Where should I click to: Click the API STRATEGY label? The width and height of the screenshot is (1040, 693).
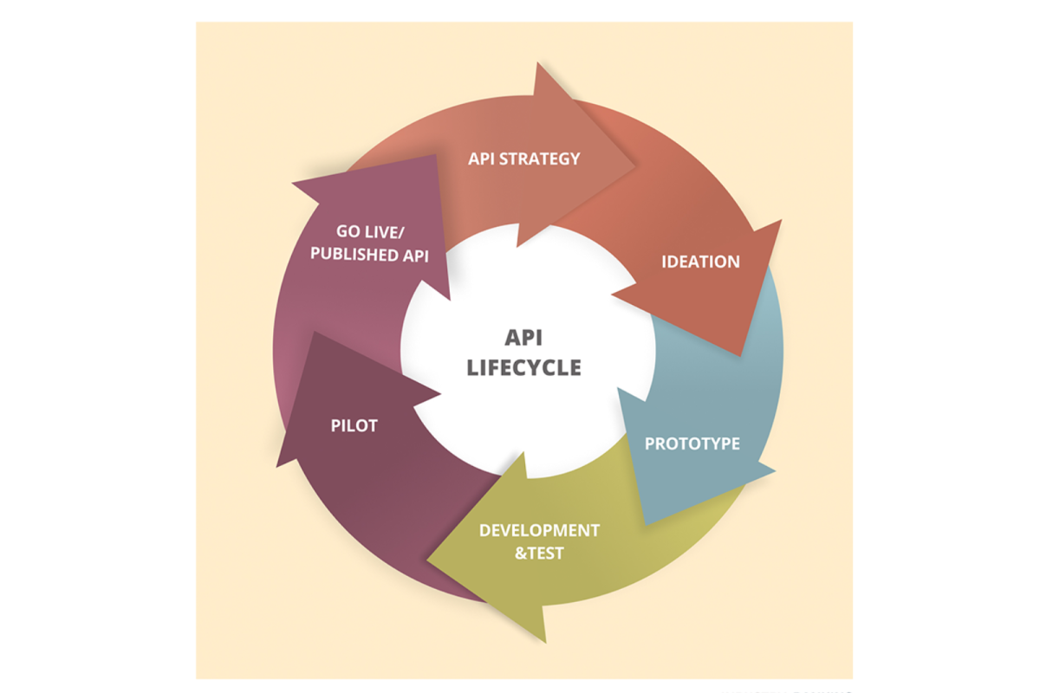click(524, 159)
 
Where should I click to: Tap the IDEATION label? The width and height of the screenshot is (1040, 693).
click(700, 262)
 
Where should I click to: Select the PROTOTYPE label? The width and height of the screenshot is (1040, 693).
click(692, 444)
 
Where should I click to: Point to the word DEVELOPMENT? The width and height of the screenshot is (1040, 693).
click(539, 530)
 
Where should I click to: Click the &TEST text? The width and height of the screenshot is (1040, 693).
click(539, 554)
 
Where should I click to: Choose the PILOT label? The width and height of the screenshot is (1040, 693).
click(354, 425)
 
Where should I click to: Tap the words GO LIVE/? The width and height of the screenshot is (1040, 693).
click(371, 231)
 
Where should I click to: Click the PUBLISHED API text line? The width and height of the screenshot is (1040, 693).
click(369, 255)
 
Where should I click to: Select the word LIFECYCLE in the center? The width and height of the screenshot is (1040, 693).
click(524, 367)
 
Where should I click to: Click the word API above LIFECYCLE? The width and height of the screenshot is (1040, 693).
click(523, 338)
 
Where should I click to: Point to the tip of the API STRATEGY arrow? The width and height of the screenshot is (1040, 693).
click(634, 165)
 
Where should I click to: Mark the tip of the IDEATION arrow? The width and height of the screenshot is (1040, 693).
click(739, 355)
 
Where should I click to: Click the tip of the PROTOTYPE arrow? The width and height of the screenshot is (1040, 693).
click(646, 525)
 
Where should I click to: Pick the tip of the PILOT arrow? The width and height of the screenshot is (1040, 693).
click(315, 332)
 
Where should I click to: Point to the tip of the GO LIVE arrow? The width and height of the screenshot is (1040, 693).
click(437, 155)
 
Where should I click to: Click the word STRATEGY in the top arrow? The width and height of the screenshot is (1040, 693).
click(539, 159)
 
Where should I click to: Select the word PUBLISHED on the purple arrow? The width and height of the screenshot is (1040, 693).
click(354, 255)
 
